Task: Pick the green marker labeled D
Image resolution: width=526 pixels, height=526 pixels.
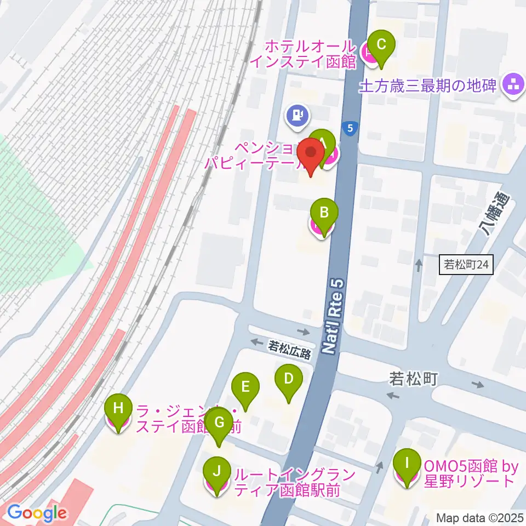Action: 288,378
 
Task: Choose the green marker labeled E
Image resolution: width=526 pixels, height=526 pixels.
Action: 245,386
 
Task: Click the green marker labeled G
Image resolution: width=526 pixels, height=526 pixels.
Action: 219,422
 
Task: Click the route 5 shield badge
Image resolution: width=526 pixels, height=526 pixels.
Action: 350,128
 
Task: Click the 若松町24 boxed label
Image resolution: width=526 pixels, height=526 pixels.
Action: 466,266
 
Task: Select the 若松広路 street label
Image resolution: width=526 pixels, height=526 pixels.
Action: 289,350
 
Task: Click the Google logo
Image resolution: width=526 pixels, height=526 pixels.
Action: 37,513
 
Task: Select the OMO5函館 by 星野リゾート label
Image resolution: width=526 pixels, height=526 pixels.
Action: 470,474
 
